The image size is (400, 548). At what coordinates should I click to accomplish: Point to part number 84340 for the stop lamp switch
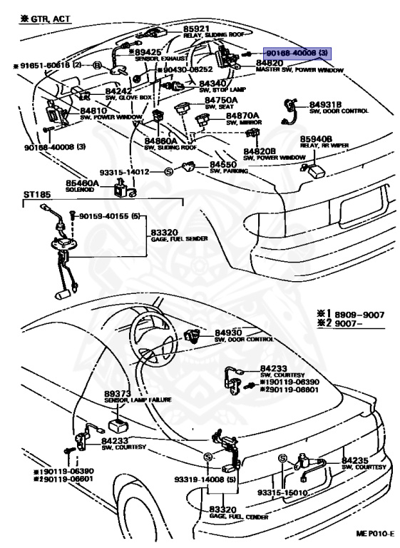213,83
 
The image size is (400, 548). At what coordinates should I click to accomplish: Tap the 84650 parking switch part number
225,165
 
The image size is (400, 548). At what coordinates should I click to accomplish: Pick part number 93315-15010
282,492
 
